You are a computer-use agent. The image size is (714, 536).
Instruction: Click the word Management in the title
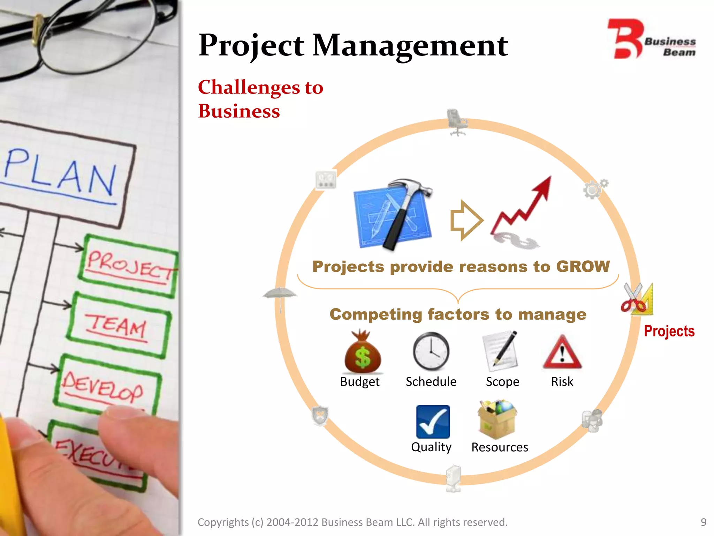point(410,46)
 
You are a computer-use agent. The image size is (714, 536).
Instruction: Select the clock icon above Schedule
point(431,351)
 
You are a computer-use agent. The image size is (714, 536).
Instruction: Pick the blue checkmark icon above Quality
point(433,422)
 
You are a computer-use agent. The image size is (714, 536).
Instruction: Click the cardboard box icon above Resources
point(497,420)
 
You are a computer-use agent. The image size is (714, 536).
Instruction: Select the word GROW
point(583,266)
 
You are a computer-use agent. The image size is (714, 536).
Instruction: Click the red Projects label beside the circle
point(669,331)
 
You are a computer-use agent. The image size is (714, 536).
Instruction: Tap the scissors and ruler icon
point(637,299)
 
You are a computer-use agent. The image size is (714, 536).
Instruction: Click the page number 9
point(703,522)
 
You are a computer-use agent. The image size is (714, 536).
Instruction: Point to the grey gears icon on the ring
point(595,189)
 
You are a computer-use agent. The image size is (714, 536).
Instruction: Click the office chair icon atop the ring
point(457,122)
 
